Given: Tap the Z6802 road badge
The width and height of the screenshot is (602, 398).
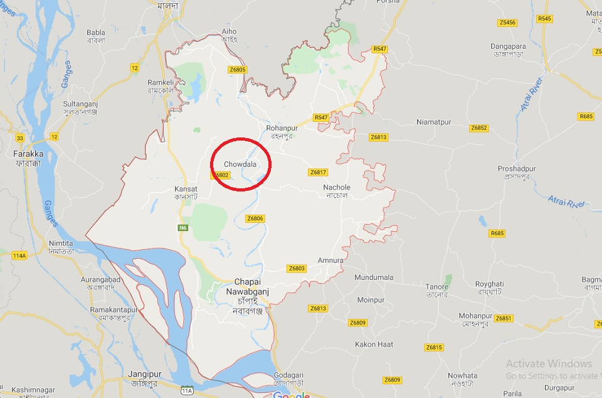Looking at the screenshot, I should (219, 175).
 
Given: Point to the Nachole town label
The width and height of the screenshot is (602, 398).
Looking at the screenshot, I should (337, 188).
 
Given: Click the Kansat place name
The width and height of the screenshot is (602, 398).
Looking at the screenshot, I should (186, 189).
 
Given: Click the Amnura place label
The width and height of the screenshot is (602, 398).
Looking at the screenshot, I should (330, 261).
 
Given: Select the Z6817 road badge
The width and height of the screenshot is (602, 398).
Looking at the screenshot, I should (319, 173).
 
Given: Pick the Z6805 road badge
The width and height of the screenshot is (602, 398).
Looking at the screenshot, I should (238, 70).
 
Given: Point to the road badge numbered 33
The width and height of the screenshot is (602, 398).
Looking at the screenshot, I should (20, 138).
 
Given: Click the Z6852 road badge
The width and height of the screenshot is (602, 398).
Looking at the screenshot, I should (478, 128).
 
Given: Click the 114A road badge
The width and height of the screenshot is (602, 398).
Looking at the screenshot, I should (19, 255).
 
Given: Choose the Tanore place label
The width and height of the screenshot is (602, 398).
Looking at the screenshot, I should (436, 287).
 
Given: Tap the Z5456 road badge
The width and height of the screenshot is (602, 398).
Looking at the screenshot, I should (507, 23).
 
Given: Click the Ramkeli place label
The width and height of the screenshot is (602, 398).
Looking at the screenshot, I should (159, 82).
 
